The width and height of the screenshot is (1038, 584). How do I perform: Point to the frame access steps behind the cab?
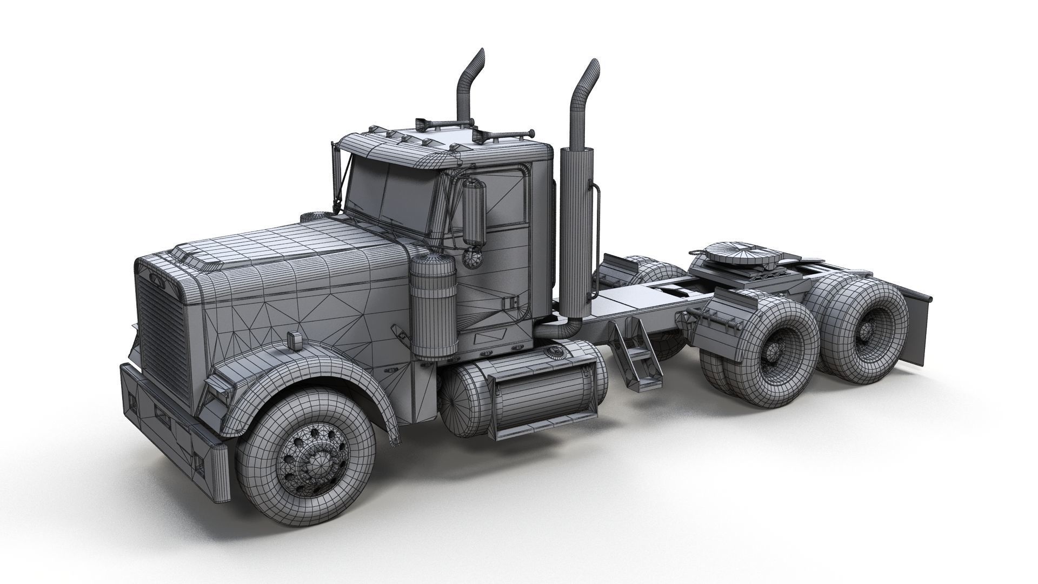tap(638, 351)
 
